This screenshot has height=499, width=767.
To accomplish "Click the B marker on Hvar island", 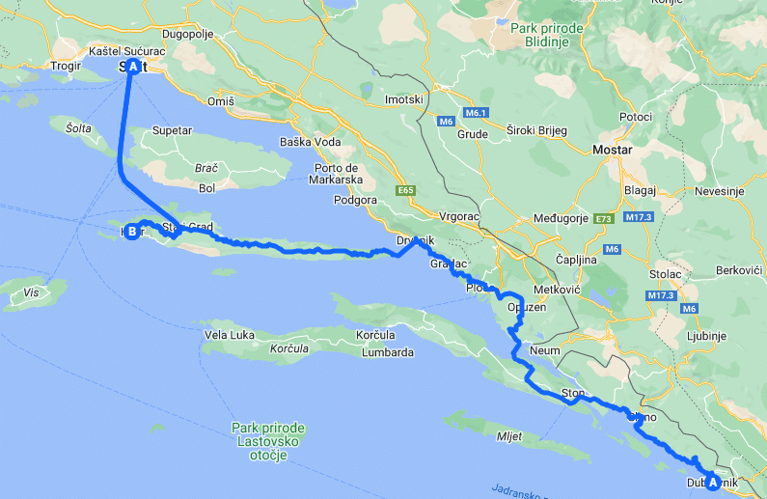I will click(131, 231).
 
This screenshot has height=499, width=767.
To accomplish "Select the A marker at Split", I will click(132, 66).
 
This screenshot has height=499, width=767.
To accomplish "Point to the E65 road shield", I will click(404, 191).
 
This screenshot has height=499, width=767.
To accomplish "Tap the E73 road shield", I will click(603, 219).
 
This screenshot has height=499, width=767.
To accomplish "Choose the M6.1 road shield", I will click(474, 113).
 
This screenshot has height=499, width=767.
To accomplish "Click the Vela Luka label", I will click(230, 335).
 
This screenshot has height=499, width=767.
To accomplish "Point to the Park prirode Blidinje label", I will click(549, 35).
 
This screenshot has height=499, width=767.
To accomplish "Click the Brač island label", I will click(206, 168).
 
